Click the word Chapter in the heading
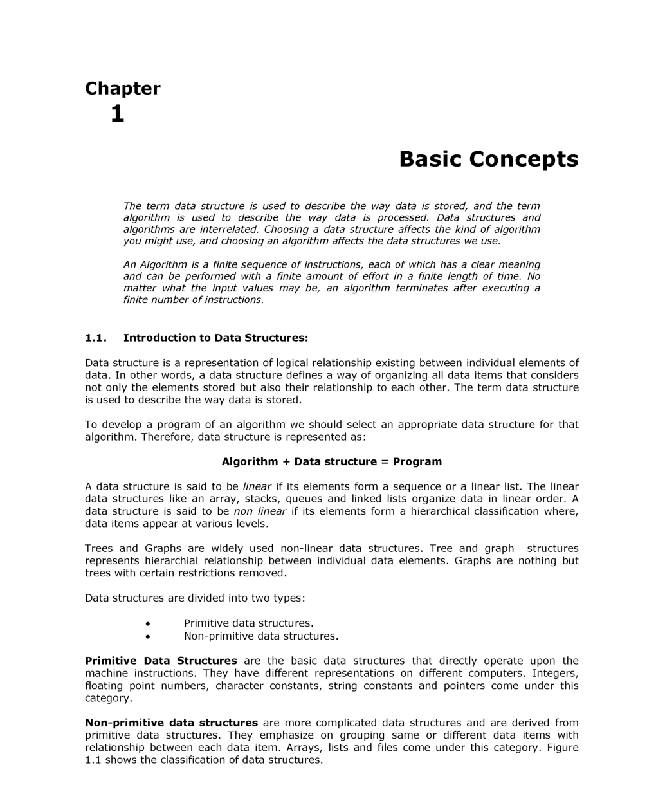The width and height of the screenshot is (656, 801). point(122,89)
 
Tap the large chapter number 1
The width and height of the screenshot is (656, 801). point(117,115)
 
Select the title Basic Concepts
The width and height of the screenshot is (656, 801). point(488,159)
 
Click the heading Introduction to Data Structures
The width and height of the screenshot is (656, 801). point(215,338)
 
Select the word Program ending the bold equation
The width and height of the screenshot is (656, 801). point(417,462)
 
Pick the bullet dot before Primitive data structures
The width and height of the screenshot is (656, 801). point(148,624)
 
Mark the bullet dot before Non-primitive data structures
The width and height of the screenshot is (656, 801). point(148,637)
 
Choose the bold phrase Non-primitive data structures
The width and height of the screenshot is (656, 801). point(171,723)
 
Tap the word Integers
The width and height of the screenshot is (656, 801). point(555,674)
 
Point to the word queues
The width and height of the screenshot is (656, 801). point(304,499)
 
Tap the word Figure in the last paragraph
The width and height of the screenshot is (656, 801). point(563,748)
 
